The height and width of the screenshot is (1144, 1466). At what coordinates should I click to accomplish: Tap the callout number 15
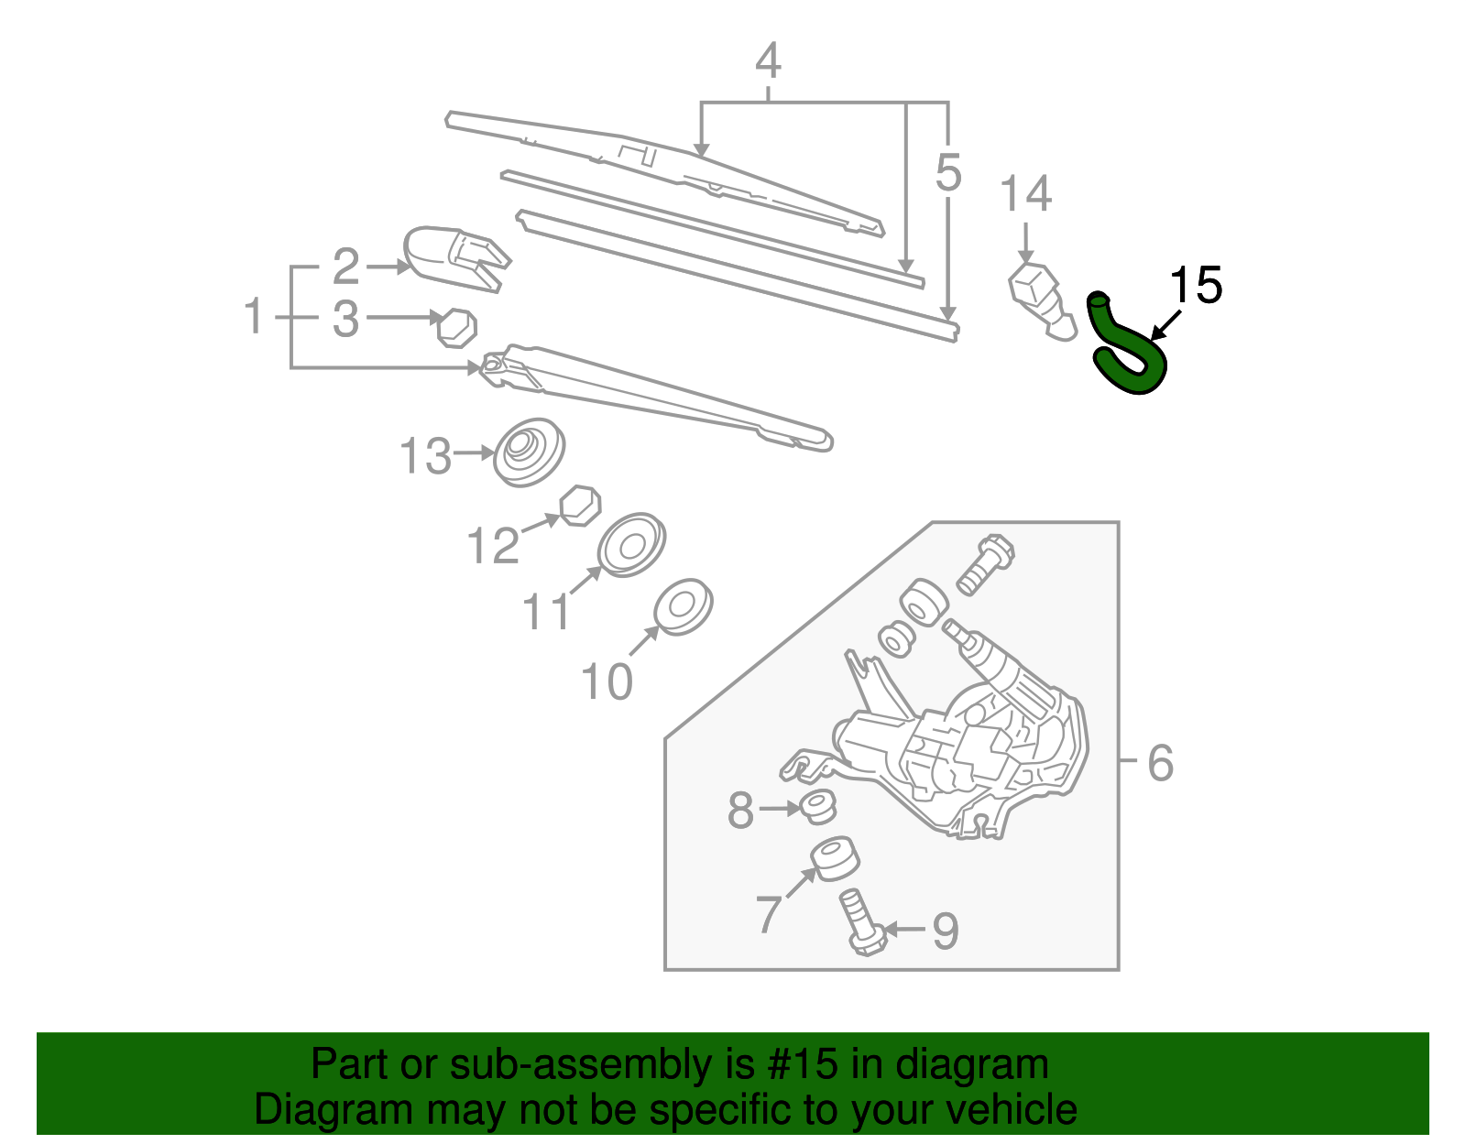coord(1197,286)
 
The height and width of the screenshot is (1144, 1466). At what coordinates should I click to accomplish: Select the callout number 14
coord(1025,194)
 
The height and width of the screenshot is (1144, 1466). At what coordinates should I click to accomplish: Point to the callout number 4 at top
coord(768,61)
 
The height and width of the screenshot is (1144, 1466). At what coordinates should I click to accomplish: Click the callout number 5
coord(948,173)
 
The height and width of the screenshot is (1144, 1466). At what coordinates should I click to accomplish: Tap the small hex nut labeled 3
coord(456,327)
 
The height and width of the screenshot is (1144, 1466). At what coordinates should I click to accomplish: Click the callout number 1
coord(254,317)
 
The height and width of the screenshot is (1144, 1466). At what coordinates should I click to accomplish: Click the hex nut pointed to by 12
coord(580,506)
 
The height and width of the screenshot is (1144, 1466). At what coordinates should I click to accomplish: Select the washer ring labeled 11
coord(630,545)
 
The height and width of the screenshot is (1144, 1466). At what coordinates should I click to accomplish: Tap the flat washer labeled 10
coord(683,606)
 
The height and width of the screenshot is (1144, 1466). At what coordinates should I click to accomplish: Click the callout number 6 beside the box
coord(1160,762)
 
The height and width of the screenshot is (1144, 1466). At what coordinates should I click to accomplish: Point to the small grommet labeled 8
coord(816,806)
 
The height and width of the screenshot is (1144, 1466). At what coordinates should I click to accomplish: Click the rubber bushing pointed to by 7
coord(835,858)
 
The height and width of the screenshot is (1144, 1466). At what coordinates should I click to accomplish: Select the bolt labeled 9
coord(859,923)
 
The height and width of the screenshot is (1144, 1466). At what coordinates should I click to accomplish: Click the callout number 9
coord(945,931)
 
